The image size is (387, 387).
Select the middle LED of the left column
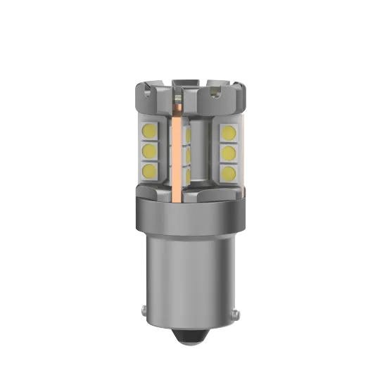click(148, 151)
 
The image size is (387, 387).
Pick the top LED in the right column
click(230, 132)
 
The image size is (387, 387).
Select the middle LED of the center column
click(186, 151)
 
